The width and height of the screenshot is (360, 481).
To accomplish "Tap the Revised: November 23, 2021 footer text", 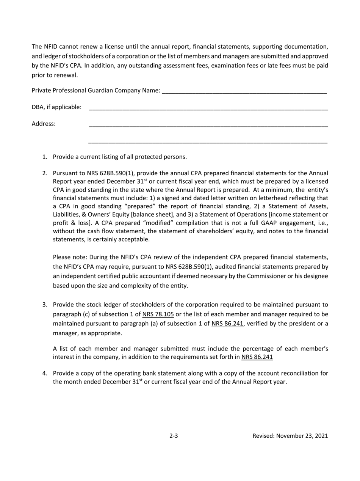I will (290, 436).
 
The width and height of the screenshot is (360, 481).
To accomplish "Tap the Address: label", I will (44, 123).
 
